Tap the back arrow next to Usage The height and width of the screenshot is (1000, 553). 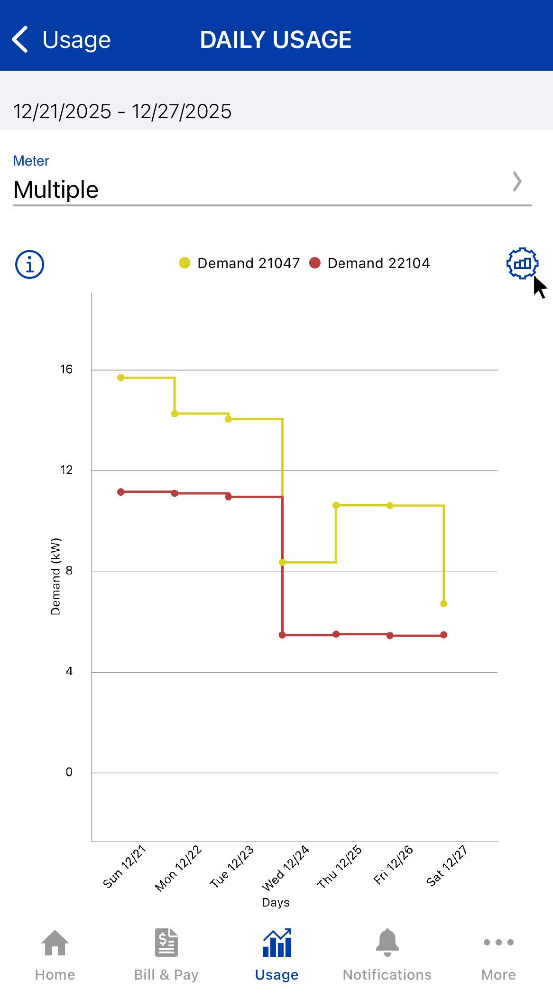[20, 39]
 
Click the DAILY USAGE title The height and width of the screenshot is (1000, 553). [276, 40]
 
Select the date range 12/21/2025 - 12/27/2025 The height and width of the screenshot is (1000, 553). [122, 111]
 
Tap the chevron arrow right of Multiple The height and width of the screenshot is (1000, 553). [517, 182]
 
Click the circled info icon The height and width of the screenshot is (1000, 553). [29, 264]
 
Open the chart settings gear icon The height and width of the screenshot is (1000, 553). [522, 263]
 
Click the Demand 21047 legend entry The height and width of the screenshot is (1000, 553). [240, 263]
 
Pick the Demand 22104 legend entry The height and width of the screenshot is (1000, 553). [369, 263]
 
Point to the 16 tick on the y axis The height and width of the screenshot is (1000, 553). [66, 369]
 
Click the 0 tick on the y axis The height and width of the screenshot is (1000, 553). [69, 772]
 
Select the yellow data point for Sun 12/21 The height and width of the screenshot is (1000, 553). [121, 378]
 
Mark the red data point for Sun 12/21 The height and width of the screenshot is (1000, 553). [121, 492]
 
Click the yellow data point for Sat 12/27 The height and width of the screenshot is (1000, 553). [443, 603]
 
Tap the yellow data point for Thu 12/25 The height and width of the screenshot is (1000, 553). [336, 505]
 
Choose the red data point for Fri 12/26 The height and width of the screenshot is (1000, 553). [390, 636]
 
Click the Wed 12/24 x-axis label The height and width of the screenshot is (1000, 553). [286, 868]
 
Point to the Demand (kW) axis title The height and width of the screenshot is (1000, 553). [55, 576]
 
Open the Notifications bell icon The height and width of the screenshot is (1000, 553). [387, 942]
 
